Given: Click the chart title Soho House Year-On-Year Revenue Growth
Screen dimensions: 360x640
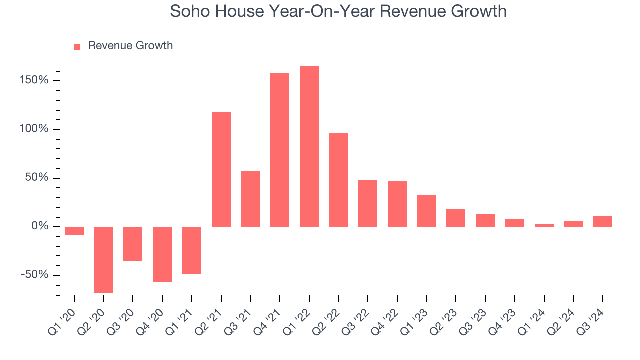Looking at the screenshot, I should (338, 11).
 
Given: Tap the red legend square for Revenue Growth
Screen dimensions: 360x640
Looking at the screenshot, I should (77, 46).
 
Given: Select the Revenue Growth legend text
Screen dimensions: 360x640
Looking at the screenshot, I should (130, 46).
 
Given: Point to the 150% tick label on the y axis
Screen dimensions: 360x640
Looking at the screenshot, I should (34, 80).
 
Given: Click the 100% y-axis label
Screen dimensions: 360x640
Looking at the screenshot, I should (34, 129).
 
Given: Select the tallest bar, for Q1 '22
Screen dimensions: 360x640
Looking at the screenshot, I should (309, 146).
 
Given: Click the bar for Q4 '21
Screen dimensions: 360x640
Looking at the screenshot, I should (280, 150).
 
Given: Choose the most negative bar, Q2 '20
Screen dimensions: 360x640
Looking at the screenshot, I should (104, 259).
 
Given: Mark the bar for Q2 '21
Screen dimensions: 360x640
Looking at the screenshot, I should (221, 169).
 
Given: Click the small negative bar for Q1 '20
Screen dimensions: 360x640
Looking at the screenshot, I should (74, 231).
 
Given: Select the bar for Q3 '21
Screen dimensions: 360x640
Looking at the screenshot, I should (250, 199).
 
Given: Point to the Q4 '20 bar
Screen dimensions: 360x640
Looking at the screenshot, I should (162, 254).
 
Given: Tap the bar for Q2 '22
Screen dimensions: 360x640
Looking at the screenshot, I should (338, 180).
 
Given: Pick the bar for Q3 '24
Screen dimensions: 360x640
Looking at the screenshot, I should (602, 221).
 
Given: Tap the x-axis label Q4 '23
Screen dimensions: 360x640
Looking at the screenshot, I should (503, 318).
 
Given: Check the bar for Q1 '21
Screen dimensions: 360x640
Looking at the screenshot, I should (192, 250).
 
